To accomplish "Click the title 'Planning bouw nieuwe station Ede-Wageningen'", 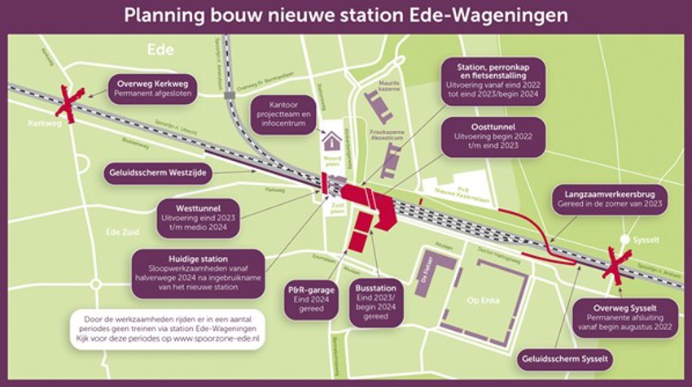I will pos(346,15).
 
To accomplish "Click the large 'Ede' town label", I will pos(161,50).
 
